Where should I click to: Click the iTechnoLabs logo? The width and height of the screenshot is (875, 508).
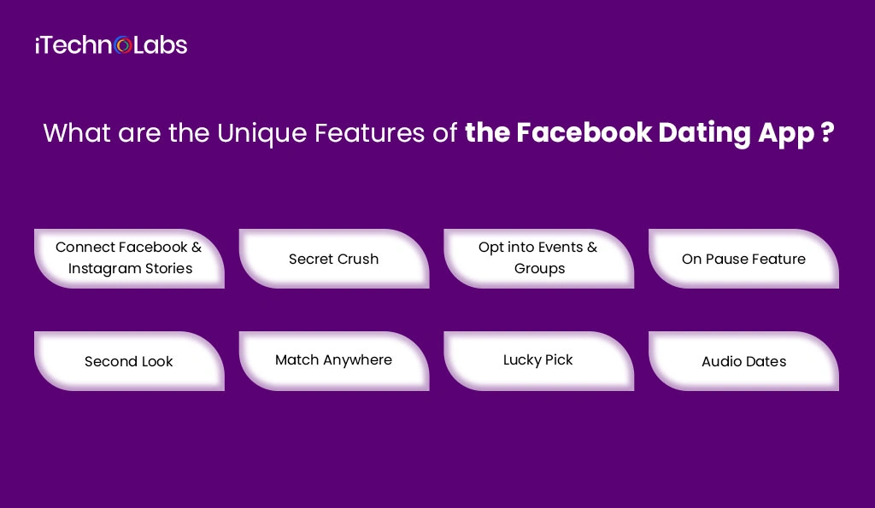point(111,44)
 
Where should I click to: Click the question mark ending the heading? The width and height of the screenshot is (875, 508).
point(826,134)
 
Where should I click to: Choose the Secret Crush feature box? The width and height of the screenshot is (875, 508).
point(334,259)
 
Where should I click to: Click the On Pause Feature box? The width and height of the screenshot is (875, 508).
point(743,259)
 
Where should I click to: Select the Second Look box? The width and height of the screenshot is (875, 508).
point(129,361)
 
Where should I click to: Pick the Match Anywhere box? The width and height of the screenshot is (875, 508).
point(334,360)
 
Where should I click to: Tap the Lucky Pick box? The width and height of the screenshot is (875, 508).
point(538,360)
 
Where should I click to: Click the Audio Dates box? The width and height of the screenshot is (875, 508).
point(743,361)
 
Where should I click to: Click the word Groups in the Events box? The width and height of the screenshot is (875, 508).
point(539,268)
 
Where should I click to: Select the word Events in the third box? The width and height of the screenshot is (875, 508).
point(555,248)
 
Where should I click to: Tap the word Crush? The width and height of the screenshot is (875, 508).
point(356,259)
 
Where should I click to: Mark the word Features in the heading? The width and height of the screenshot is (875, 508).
point(390,134)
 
